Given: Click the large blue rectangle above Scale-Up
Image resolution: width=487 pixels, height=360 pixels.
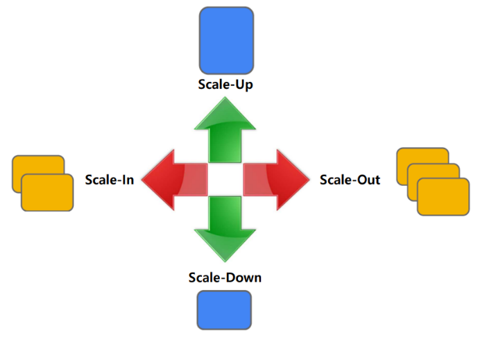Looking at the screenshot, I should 225,40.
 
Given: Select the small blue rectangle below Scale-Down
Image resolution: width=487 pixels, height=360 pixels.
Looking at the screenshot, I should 224,309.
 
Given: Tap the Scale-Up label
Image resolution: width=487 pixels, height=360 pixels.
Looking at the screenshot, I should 225,85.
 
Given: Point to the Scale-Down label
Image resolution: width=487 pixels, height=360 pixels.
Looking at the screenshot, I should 225,277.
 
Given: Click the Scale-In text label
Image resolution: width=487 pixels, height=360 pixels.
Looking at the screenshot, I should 110,180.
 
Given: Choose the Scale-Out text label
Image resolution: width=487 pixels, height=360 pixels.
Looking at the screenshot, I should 350,180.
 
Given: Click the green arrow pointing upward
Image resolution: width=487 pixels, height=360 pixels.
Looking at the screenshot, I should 225,132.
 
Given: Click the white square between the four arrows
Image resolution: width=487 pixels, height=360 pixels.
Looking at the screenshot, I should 225,180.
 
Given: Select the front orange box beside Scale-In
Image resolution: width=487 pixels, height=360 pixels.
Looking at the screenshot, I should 47,191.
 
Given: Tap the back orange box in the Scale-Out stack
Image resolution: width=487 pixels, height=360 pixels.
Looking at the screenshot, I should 416,155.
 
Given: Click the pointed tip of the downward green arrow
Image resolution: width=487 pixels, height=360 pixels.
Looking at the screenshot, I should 225,259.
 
